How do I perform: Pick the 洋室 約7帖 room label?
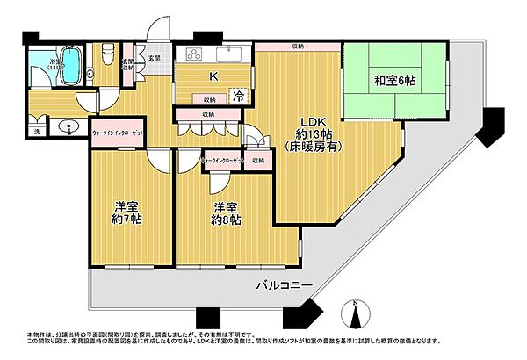point(126,213)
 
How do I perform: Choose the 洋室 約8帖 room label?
point(224,213)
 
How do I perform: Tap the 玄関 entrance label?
point(155,57)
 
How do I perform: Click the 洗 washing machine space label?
point(37,132)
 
